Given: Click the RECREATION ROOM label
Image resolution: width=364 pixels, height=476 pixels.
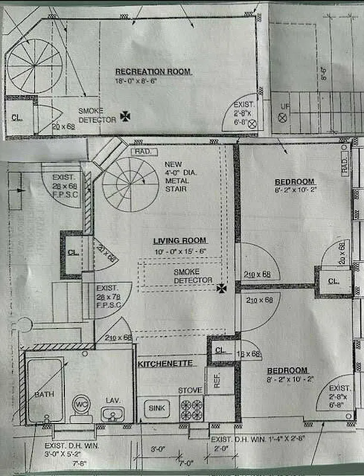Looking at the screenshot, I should click(x=153, y=71).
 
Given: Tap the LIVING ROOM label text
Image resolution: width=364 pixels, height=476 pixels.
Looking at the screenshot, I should click(x=179, y=240).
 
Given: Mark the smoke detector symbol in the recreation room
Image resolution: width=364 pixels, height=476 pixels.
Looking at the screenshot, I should click(x=126, y=117).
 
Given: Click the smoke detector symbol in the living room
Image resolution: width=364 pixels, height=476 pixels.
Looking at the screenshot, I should click(x=222, y=289).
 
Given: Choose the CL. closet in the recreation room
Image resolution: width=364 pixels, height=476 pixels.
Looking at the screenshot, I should click(x=17, y=117).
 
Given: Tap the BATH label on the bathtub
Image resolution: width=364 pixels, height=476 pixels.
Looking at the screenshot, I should click(x=43, y=394).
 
